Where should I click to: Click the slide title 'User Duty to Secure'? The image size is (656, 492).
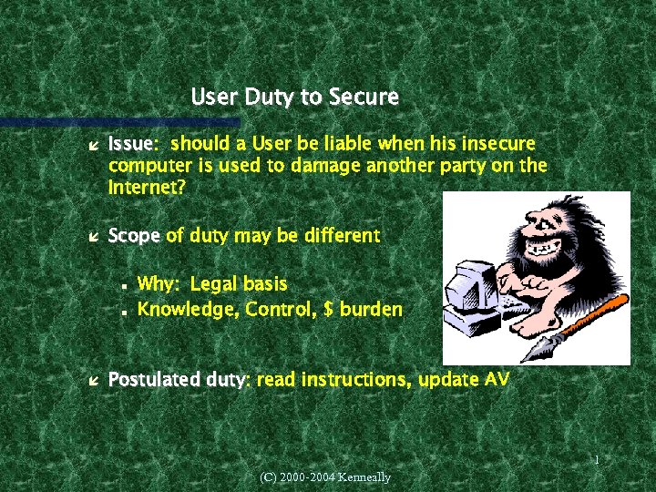point(294,97)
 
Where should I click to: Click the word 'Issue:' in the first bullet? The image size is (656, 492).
point(133,144)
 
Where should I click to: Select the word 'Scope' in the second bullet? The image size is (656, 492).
point(134,236)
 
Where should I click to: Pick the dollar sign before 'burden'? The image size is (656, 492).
point(329,310)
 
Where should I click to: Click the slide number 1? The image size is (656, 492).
point(596,461)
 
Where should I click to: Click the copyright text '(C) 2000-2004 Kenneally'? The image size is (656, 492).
point(325,477)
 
